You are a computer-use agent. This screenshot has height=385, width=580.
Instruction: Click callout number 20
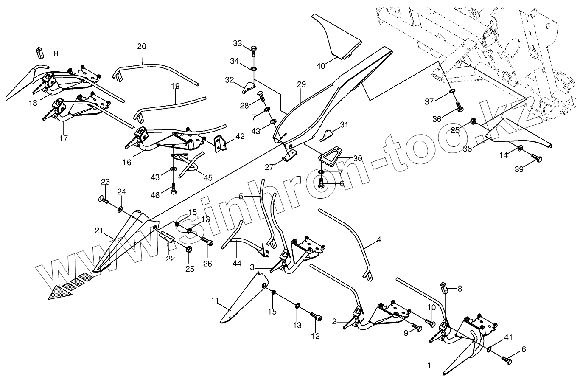[142, 46]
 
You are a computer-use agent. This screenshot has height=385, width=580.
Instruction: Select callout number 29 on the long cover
[301, 84]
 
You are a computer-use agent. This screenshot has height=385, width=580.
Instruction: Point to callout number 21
[99, 230]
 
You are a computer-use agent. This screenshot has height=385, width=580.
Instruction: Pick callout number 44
[237, 264]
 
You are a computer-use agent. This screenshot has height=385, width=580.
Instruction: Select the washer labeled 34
[253, 69]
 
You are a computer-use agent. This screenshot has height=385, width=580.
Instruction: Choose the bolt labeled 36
[459, 107]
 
